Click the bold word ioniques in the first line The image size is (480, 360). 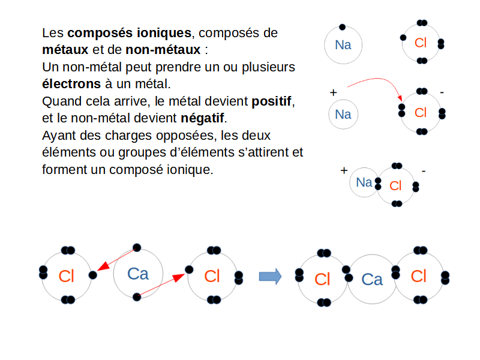click(x=164, y=34)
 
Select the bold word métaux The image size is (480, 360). click(x=65, y=50)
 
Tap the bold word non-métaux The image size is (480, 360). click(x=163, y=50)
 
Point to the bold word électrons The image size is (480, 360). click(x=71, y=83)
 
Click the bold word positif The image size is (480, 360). click(x=271, y=101)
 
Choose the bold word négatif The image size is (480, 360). click(x=202, y=118)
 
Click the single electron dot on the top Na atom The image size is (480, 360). click(x=342, y=27)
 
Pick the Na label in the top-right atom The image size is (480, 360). click(x=343, y=45)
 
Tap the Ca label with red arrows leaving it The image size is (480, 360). click(x=138, y=274)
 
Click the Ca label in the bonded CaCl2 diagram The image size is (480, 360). click(x=372, y=279)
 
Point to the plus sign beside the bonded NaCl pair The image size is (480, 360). click(x=344, y=170)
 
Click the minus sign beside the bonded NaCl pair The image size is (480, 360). click(x=424, y=171)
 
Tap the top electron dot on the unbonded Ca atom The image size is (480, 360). click(x=137, y=247)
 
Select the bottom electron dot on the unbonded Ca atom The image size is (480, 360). click(x=137, y=296)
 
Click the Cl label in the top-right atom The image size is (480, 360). click(x=421, y=43)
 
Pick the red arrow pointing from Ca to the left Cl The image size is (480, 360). click(x=116, y=260)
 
